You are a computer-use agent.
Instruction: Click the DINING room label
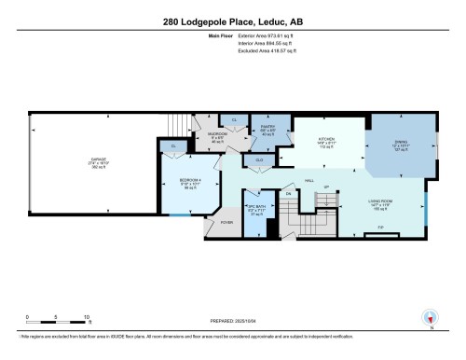399,141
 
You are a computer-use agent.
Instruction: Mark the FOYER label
226,222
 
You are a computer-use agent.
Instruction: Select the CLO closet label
259,161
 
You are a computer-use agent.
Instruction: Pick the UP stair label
327,187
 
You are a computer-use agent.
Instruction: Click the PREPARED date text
226,324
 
